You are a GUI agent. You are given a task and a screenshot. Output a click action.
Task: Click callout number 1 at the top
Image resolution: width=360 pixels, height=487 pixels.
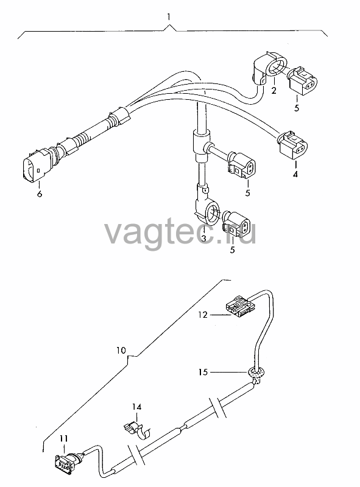point(169,16)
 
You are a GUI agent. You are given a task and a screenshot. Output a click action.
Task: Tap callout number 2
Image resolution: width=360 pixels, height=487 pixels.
point(274,91)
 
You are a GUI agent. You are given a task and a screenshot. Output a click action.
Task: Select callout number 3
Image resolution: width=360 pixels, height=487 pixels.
point(203,239)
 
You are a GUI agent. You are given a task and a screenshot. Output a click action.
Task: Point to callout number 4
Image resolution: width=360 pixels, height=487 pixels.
point(295,174)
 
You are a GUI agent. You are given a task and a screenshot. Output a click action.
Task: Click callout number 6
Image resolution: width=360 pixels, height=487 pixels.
point(40,194)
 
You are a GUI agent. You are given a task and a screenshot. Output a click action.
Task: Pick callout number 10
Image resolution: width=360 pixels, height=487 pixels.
point(121,351)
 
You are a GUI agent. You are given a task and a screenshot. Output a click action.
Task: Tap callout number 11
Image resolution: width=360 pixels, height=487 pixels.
point(64,438)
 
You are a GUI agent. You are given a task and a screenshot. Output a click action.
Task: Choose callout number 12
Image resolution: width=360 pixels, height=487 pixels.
point(202,315)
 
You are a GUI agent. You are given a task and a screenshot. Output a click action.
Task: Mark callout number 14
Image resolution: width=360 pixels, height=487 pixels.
point(136,407)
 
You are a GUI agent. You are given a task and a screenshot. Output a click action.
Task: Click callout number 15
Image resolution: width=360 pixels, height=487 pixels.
point(203,371)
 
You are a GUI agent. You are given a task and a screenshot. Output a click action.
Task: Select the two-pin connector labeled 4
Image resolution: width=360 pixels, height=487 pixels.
point(294,145)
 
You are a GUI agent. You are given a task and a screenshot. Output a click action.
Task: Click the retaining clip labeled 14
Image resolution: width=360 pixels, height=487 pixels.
point(137,430)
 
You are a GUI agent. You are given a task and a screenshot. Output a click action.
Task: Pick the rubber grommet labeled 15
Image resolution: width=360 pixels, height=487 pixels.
point(256,372)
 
